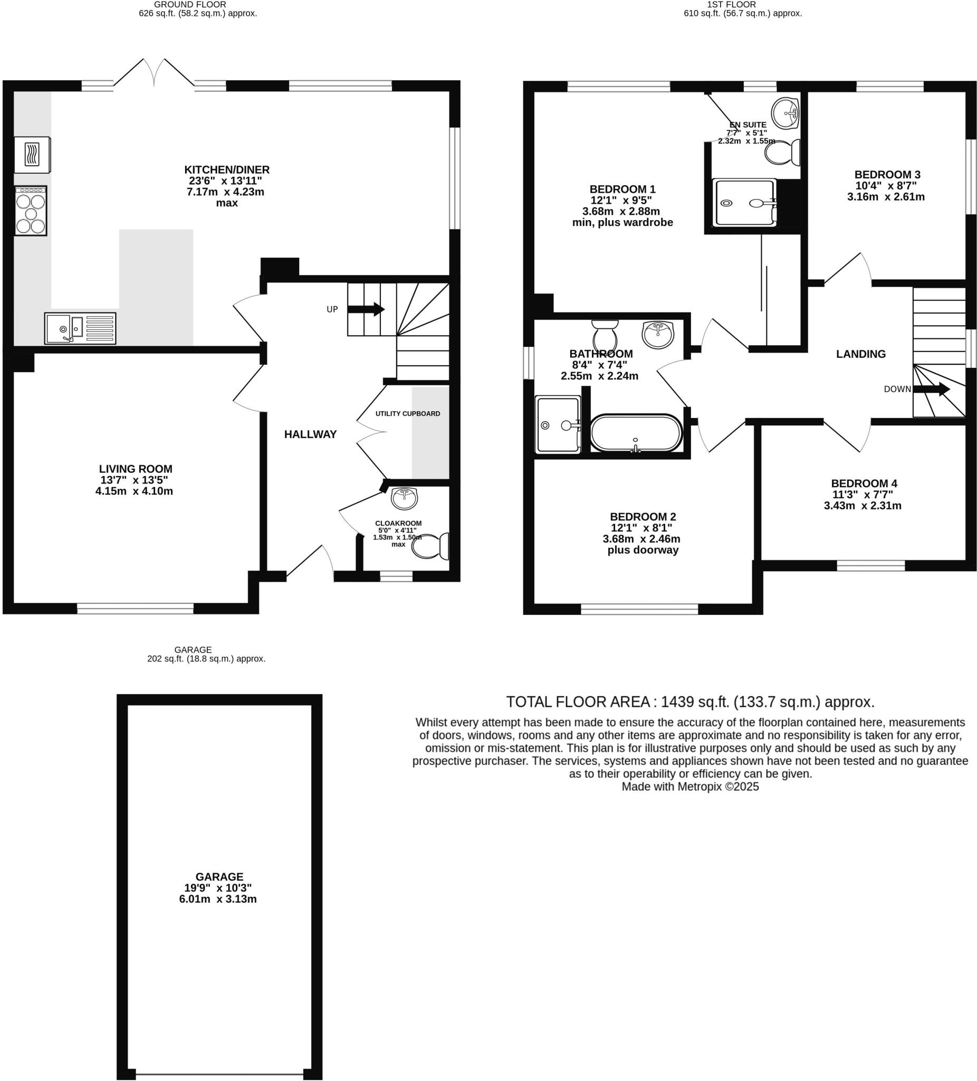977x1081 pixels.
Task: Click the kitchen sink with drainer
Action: click(x=80, y=328)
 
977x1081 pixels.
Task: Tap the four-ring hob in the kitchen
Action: click(x=31, y=211)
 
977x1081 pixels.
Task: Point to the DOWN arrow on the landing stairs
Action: click(x=931, y=389)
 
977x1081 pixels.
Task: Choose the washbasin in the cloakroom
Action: click(x=404, y=498)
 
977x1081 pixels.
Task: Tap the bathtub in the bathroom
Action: click(x=636, y=433)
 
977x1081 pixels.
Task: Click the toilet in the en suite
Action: click(x=782, y=153)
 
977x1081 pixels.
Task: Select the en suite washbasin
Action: click(x=785, y=113)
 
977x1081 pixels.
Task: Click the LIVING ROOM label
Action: click(x=136, y=469)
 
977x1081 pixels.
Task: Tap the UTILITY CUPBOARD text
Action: click(x=407, y=413)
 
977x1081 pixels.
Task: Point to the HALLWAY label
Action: click(x=310, y=434)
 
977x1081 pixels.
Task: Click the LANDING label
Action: click(x=861, y=354)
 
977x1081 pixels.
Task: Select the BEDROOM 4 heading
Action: click(x=864, y=483)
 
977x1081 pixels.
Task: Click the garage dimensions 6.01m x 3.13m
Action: click(x=217, y=899)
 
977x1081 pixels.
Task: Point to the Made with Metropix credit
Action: click(x=690, y=786)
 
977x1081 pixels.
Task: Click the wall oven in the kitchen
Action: click(x=33, y=155)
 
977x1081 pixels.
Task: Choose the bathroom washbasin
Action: click(x=658, y=334)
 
